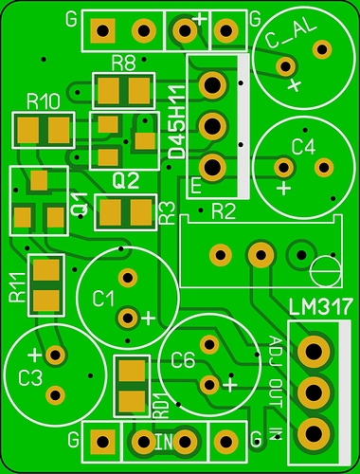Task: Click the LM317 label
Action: point(320,307)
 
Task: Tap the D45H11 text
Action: point(176,122)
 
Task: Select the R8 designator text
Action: point(124,63)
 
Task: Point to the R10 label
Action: point(44,101)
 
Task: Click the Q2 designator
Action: point(126,181)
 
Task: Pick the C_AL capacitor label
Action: point(291,35)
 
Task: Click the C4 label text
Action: point(303,147)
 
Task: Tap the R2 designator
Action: point(224,211)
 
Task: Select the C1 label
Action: point(103,299)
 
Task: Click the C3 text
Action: point(30,378)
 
